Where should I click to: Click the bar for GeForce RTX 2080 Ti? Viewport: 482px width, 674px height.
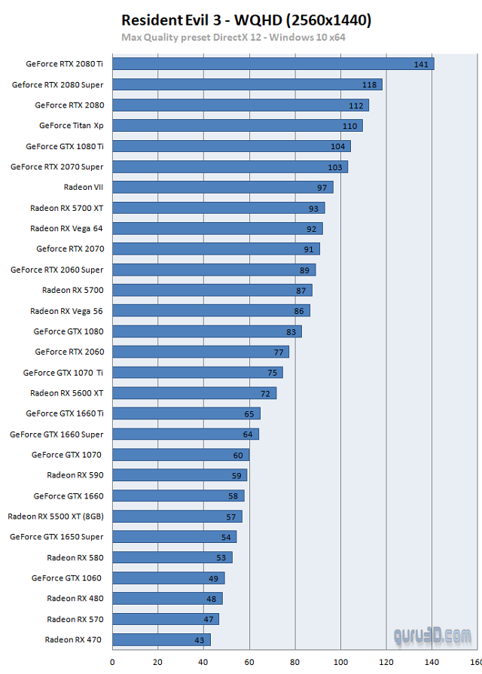pyautogui.click(x=273, y=64)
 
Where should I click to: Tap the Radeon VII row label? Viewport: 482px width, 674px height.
pyautogui.click(x=84, y=188)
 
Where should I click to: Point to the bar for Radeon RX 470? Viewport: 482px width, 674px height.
pyautogui.click(x=161, y=640)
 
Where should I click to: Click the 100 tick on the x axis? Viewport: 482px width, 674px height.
pyautogui.click(x=341, y=663)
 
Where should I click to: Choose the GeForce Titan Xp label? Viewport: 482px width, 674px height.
pyautogui.click(x=71, y=126)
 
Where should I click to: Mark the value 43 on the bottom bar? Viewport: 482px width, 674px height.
pyautogui.click(x=200, y=640)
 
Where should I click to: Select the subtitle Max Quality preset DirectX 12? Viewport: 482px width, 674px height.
pyautogui.click(x=233, y=37)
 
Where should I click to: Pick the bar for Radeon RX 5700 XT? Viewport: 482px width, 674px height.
pyautogui.click(x=218, y=208)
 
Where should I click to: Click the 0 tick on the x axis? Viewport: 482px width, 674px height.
pyautogui.click(x=113, y=663)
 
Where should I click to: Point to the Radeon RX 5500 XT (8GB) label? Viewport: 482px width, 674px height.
pyautogui.click(x=56, y=517)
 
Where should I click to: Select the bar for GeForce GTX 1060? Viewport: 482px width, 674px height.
pyautogui.click(x=169, y=578)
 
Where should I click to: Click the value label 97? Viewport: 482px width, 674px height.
pyautogui.click(x=322, y=188)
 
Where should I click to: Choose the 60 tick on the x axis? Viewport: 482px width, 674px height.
pyautogui.click(x=249, y=663)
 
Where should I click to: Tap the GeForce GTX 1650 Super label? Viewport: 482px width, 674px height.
pyautogui.click(x=56, y=537)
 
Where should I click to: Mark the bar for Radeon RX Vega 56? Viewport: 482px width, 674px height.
pyautogui.click(x=211, y=310)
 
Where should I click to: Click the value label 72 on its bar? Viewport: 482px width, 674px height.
pyautogui.click(x=266, y=393)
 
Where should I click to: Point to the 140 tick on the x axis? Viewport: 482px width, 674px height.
pyautogui.click(x=432, y=663)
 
